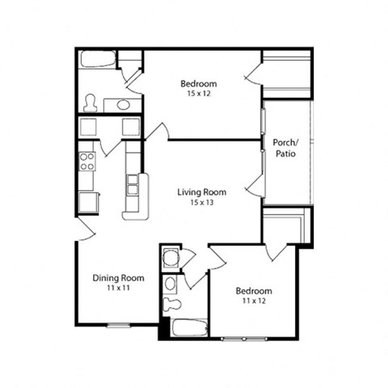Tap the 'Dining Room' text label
point(118,278)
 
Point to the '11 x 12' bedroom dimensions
point(253,302)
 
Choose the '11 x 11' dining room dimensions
point(118,288)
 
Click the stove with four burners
point(87,161)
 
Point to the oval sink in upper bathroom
point(123,104)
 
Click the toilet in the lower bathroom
point(171,306)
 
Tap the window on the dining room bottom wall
point(119,326)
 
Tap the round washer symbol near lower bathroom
point(170,259)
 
